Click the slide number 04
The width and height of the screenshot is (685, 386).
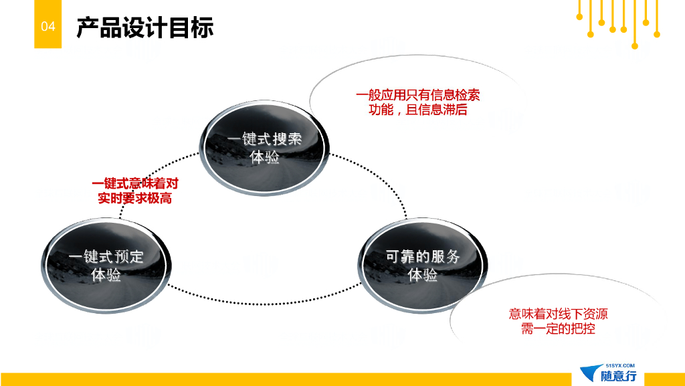(47, 27)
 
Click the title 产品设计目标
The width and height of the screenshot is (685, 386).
(144, 27)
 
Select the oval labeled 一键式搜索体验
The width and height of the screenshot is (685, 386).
(264, 147)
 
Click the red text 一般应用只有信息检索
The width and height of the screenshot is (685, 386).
(417, 95)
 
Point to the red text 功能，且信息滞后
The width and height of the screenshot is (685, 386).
(417, 110)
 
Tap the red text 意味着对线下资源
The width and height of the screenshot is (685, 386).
(558, 314)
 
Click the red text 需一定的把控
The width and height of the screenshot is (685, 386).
(558, 328)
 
